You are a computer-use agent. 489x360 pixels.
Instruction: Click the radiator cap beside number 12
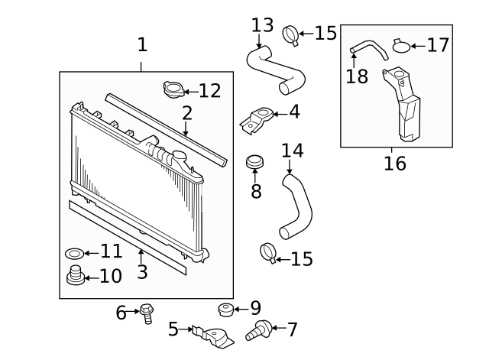click(174, 90)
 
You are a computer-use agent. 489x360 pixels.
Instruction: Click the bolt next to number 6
click(147, 313)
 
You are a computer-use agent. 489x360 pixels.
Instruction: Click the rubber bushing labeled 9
click(225, 309)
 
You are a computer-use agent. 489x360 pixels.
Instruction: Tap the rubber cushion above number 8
click(255, 163)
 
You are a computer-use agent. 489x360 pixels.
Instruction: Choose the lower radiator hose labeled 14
click(296, 205)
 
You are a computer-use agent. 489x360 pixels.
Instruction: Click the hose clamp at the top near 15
click(290, 34)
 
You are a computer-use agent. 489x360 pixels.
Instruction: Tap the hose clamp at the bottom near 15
click(268, 251)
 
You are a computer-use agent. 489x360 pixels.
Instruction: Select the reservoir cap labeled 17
click(402, 46)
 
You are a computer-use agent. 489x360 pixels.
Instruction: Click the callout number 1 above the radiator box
click(142, 45)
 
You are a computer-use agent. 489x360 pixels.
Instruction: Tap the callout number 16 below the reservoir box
click(395, 163)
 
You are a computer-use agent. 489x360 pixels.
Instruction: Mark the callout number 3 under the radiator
click(141, 272)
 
